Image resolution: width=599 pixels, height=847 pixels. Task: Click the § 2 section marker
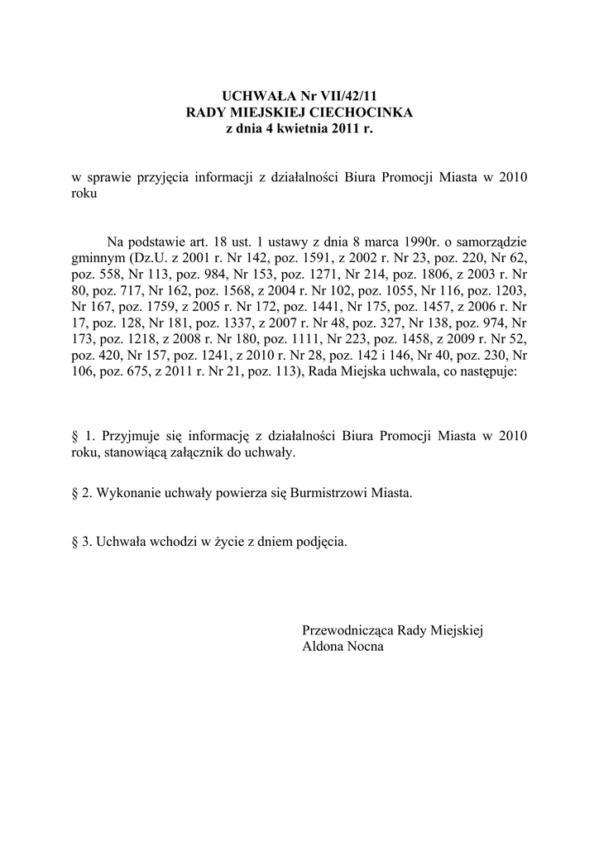point(81,493)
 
